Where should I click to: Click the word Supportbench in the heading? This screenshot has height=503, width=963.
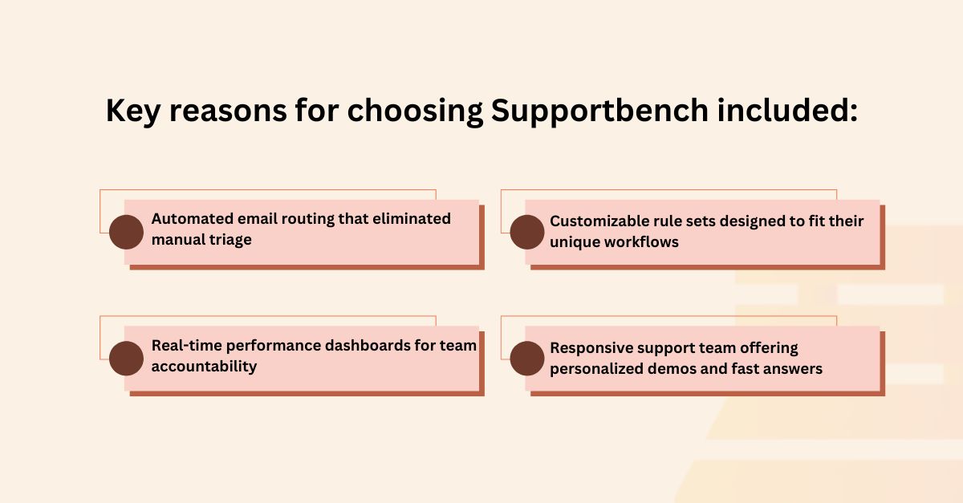[599, 112]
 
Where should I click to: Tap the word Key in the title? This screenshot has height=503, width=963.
[133, 112]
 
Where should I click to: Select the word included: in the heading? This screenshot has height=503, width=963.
[787, 111]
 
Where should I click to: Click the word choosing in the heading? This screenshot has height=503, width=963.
[415, 112]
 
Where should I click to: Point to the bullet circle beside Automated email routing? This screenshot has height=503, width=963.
[126, 232]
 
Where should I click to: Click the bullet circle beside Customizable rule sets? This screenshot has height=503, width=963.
[527, 232]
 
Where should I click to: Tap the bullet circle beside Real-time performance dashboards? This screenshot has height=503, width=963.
[126, 359]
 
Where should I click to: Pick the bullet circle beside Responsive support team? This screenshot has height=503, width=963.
[527, 359]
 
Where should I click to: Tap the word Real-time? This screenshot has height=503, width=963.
[186, 345]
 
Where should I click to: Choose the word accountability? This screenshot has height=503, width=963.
[204, 367]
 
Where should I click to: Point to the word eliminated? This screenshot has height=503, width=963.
[412, 218]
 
